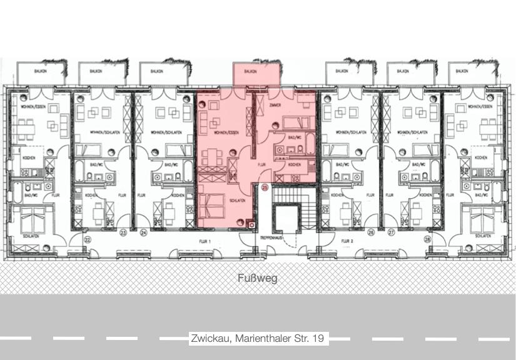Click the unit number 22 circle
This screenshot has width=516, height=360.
(88, 239)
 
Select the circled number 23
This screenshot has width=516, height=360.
(123, 233)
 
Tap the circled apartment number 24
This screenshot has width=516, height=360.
(143, 233)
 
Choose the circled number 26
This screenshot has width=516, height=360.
(371, 233)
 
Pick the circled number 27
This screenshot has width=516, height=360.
(392, 233)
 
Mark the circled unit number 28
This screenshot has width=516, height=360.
(428, 239)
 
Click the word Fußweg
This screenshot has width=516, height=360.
(257, 278)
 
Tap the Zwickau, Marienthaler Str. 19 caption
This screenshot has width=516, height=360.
(258, 338)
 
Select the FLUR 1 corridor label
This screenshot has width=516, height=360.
(206, 241)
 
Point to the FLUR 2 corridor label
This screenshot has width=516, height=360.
(348, 241)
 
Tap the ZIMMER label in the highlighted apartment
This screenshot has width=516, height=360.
(275, 106)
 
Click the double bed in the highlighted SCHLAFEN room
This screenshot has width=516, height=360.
(213, 204)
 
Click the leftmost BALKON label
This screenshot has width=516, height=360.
(43, 71)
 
